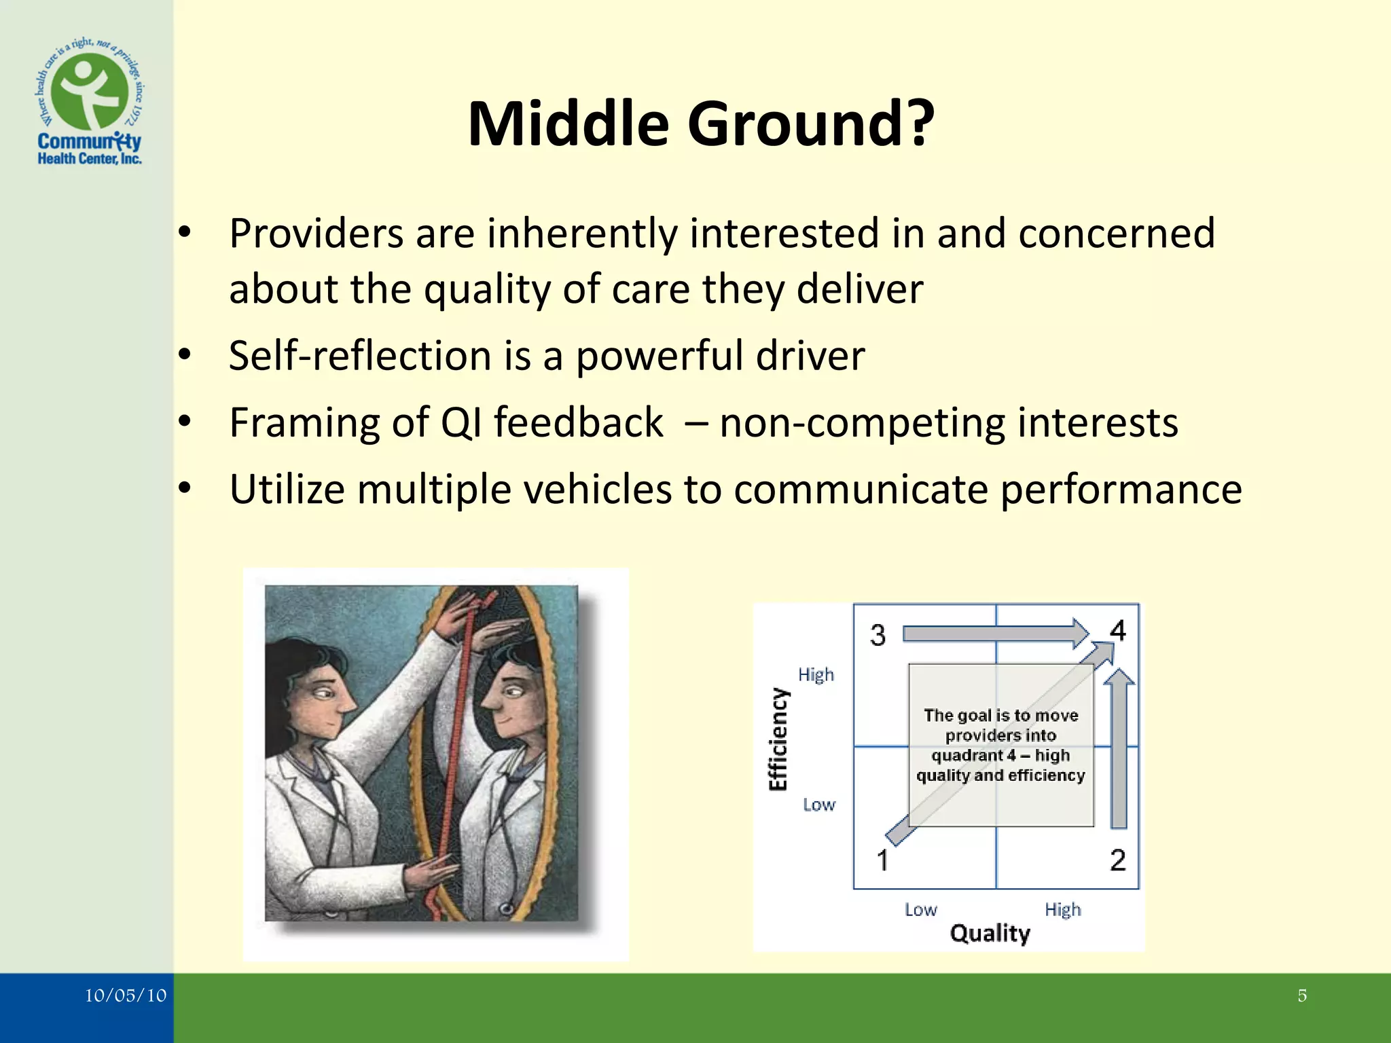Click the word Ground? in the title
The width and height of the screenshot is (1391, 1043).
(811, 124)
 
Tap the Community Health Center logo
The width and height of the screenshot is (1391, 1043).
(90, 102)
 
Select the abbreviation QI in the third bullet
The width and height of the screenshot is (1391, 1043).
(461, 422)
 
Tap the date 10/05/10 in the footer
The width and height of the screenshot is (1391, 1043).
(125, 995)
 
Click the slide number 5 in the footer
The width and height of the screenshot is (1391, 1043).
(1301, 995)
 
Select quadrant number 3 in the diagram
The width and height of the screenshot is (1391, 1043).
(878, 636)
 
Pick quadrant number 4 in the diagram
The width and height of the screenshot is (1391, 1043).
(1118, 631)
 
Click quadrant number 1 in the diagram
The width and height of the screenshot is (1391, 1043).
(882, 860)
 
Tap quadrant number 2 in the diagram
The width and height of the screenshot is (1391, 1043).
(1118, 860)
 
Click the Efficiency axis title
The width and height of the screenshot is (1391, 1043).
(778, 739)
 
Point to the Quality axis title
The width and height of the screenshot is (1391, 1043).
(990, 933)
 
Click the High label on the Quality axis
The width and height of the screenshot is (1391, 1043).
(1062, 909)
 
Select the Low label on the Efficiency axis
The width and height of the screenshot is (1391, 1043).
(818, 805)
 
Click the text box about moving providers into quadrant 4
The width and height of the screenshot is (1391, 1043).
(1000, 745)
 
